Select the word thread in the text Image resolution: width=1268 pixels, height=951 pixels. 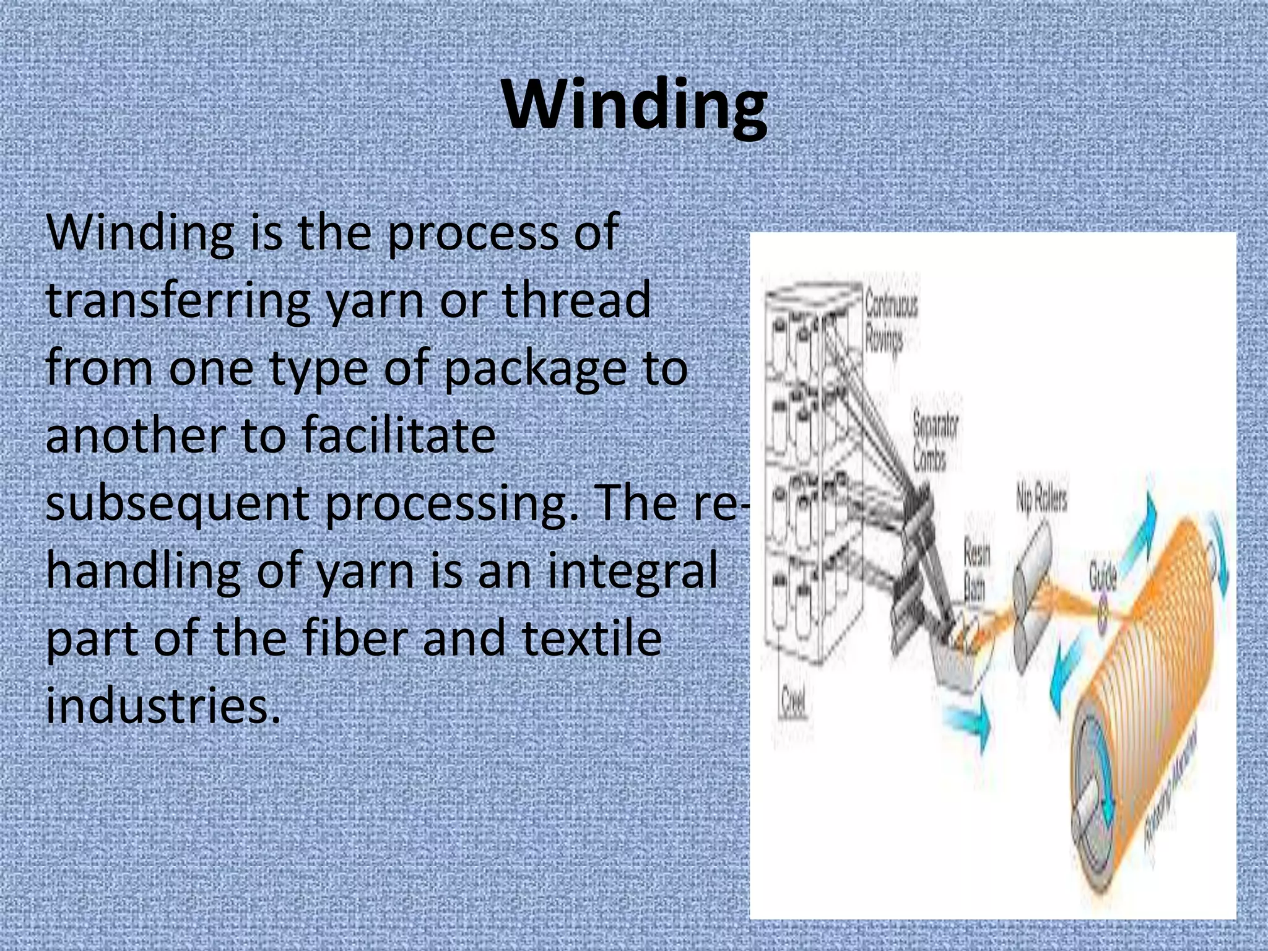click(x=575, y=300)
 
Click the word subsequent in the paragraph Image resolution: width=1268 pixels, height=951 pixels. click(x=178, y=503)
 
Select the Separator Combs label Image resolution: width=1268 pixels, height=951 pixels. click(x=934, y=441)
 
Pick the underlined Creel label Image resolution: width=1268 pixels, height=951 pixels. click(x=793, y=702)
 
